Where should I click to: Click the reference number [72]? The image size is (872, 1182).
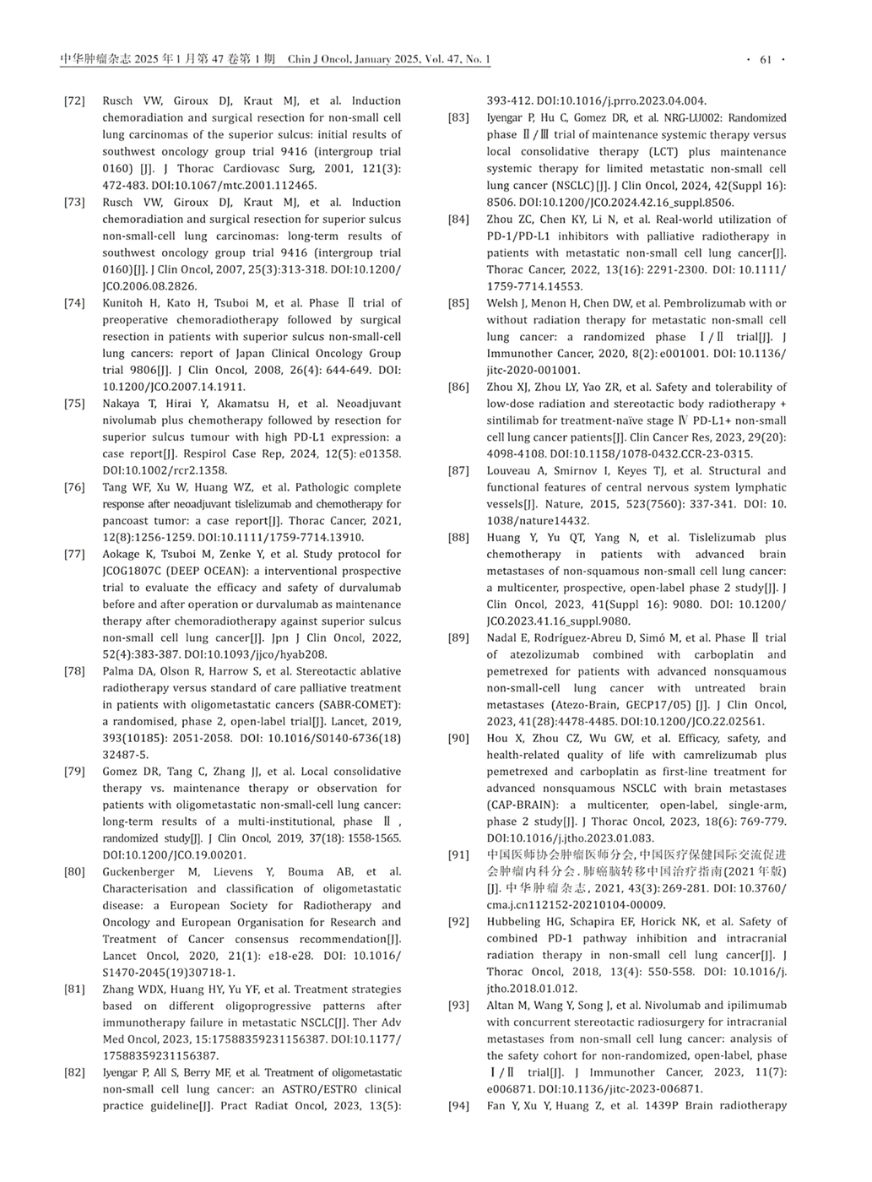[74, 101]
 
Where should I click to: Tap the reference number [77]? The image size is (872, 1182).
[74, 555]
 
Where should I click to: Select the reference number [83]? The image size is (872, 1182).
[458, 118]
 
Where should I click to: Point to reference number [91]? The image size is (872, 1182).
[458, 855]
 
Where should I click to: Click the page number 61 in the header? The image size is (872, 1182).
[766, 60]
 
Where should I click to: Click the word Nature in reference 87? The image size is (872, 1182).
[560, 504]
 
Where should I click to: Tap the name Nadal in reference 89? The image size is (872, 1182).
[502, 638]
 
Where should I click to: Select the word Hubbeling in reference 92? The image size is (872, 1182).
[515, 922]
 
